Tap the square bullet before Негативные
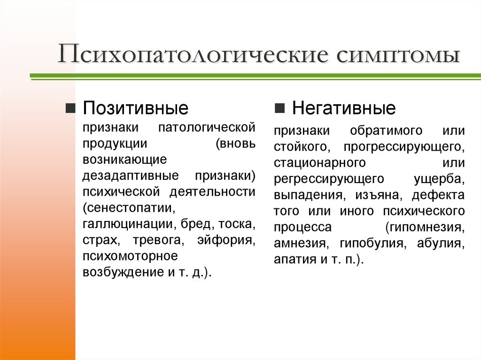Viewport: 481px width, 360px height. [279, 109]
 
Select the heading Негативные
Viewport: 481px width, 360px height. [344, 109]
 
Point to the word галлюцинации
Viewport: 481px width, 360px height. [126, 224]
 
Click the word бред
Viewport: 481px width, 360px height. [191, 224]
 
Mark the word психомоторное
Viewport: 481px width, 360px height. [130, 256]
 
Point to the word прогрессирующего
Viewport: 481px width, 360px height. [403, 147]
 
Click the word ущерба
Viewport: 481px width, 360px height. [439, 179]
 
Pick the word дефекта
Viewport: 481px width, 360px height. [442, 195]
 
